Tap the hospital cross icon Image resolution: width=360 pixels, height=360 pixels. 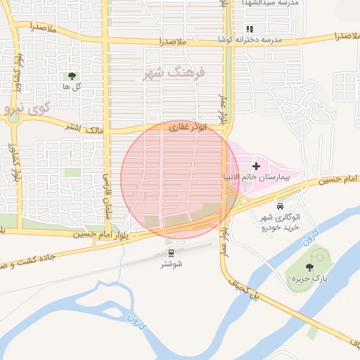point(256,167)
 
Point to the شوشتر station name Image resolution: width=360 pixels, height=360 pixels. point(171,264)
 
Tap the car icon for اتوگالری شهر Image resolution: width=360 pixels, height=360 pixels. point(281,207)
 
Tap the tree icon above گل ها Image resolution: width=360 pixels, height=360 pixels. point(71,75)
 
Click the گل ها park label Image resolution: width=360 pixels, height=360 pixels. point(71,86)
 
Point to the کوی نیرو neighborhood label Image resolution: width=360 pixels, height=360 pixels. point(27,108)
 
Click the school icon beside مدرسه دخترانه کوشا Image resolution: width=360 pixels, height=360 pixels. point(249,29)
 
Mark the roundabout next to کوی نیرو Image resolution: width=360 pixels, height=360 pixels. point(13,117)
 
